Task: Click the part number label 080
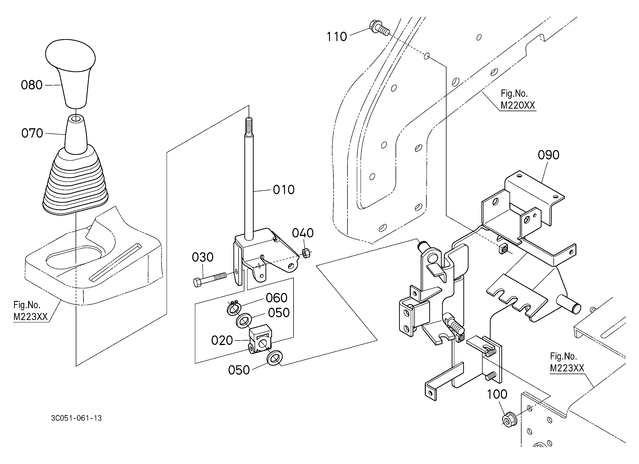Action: click(x=31, y=85)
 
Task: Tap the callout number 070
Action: click(x=32, y=133)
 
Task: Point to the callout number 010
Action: click(x=284, y=190)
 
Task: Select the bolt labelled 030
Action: click(x=210, y=278)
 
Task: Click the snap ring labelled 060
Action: click(x=233, y=308)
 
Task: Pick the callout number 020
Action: click(x=222, y=340)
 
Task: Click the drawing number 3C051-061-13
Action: click(x=76, y=418)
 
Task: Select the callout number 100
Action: click(x=497, y=394)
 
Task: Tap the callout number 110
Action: click(x=336, y=37)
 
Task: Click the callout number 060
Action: click(x=277, y=298)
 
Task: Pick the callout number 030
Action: click(x=203, y=257)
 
